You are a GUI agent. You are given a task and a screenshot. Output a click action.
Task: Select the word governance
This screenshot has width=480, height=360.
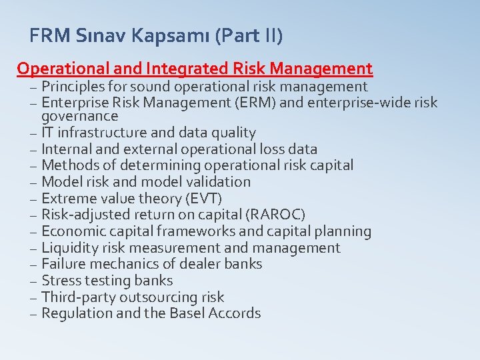pos(79,117)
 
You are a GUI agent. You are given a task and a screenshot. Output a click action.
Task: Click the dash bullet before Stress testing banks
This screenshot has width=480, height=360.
pos(33,281)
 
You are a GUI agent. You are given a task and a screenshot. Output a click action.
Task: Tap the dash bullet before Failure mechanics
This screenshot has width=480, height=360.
pos(33,265)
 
